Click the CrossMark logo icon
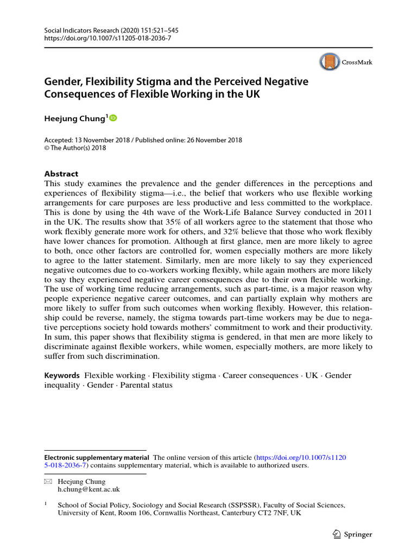click(330, 62)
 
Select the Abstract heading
click(61, 174)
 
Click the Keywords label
click(62, 376)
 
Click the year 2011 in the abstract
click(362, 213)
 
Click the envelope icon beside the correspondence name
click(47, 482)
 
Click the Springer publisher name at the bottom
click(358, 534)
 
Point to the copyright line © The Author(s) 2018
click(75, 148)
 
